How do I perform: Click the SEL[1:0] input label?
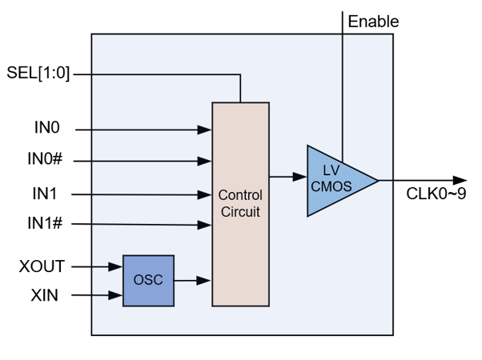pyautogui.click(x=38, y=74)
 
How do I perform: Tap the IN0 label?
pyautogui.click(x=47, y=128)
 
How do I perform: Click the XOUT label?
pyautogui.click(x=42, y=266)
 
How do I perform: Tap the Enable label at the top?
pyautogui.click(x=373, y=22)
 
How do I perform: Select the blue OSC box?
pyautogui.click(x=148, y=280)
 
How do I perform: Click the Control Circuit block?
pyautogui.click(x=240, y=203)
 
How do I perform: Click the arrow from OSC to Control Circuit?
pyautogui.click(x=193, y=280)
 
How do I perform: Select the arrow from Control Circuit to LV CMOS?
pyautogui.click(x=287, y=176)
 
